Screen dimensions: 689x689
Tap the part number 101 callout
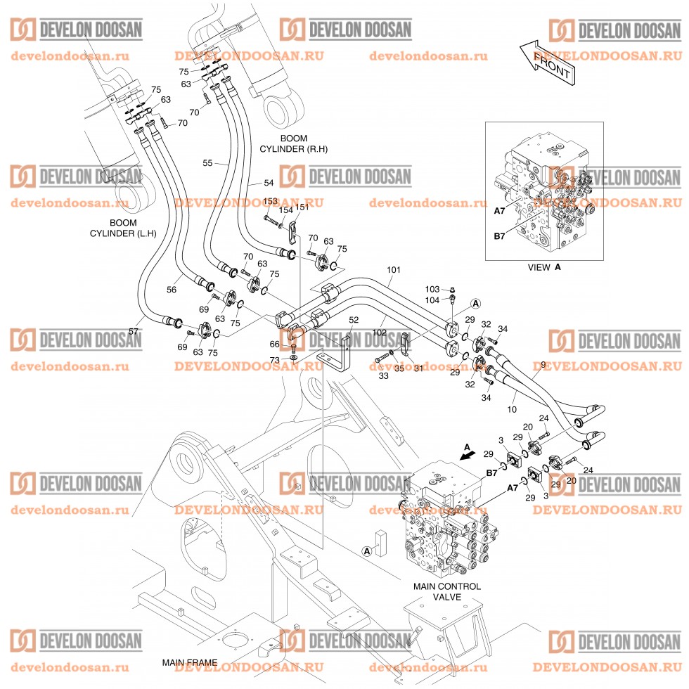point(394,269)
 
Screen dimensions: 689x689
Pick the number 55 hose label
point(207,163)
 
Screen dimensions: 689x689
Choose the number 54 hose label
point(269,183)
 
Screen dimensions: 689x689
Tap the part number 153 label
point(270,202)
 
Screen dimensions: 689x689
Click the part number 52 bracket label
point(353,321)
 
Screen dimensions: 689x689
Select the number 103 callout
point(432,289)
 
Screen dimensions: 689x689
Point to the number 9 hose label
point(542,365)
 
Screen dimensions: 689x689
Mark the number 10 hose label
point(512,408)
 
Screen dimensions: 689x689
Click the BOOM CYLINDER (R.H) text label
point(294,144)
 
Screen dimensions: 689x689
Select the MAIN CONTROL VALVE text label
point(446,591)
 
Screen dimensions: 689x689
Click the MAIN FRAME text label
point(190,662)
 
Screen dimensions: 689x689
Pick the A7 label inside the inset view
point(499,210)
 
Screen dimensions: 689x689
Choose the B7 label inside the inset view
point(499,236)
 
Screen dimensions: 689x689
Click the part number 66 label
point(274,344)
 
